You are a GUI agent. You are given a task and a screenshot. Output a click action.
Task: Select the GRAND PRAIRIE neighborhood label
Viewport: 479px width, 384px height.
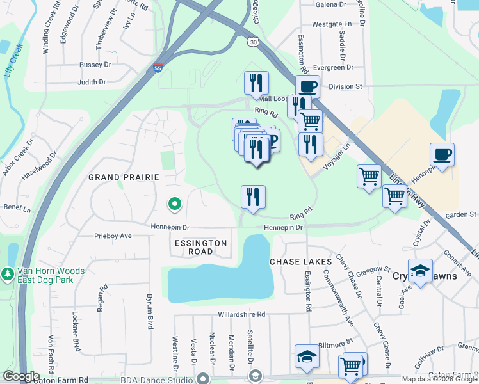(x=123, y=177)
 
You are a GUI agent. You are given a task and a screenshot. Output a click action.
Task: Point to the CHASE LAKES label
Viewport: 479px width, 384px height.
(x=300, y=262)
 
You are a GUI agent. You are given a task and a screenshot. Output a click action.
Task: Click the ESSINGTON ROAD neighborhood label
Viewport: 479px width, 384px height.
(x=200, y=247)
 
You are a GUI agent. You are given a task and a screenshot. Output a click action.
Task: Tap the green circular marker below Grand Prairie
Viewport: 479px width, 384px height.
(x=174, y=204)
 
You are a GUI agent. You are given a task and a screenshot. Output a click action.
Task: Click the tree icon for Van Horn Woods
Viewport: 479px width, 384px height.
(x=8, y=274)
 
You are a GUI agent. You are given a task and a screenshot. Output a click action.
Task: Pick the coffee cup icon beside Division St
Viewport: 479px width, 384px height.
(x=307, y=86)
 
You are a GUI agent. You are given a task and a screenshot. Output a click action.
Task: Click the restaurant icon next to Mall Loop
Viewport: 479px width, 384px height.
(x=256, y=83)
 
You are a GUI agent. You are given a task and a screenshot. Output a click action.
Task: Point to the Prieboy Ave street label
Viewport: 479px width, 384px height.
(x=113, y=236)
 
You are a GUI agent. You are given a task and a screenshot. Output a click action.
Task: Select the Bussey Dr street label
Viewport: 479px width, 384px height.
(x=95, y=65)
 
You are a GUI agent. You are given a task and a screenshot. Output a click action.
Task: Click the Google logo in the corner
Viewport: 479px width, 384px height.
(x=21, y=376)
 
